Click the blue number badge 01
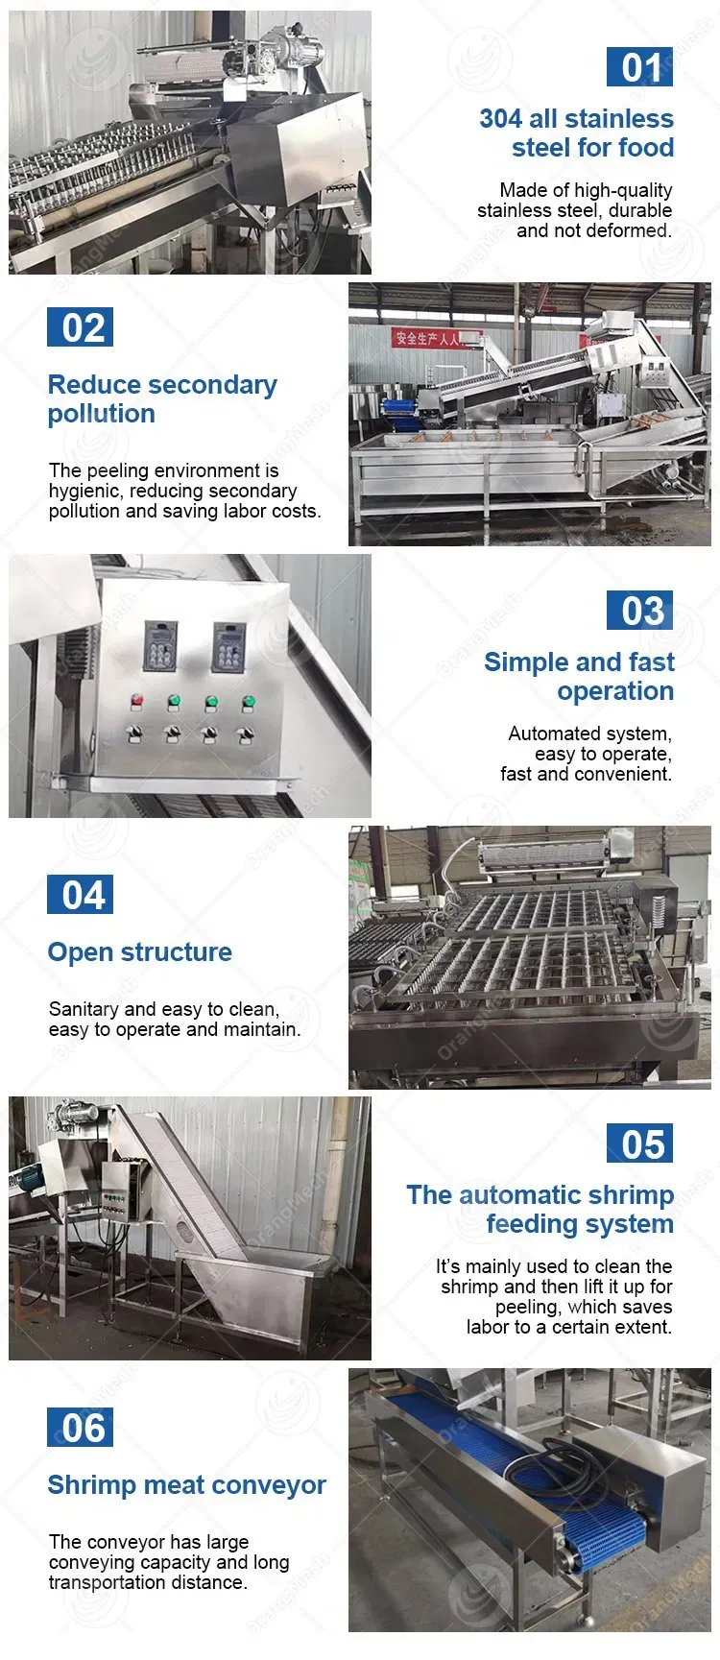pos(639,67)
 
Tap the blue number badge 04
pos(81,895)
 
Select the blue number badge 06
pos(81,1428)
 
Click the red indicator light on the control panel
pos(137,701)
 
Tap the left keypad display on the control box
pos(159,645)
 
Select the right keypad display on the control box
pos(228,645)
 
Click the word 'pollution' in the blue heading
pos(101,414)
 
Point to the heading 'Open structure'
pos(140,952)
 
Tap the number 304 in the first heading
pos(500,119)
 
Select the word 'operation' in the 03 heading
pos(615,691)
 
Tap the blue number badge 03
pos(639,611)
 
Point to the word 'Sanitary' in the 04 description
pos(84,1010)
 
